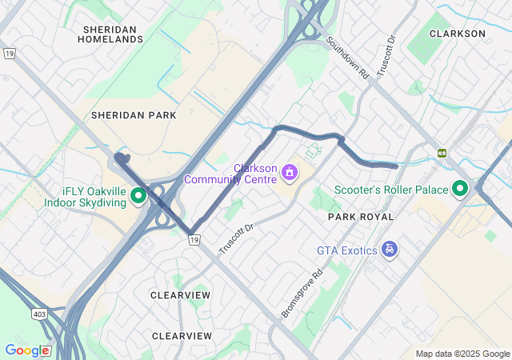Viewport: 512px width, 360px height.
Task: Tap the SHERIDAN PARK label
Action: point(134,115)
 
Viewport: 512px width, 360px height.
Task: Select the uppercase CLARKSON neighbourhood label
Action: point(458,34)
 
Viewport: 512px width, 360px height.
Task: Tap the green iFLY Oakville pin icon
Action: point(138,195)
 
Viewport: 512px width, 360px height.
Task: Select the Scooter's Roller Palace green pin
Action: point(460,189)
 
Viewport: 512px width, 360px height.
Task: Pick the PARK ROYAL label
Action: point(361,217)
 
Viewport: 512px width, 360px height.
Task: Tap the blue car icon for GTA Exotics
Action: point(390,250)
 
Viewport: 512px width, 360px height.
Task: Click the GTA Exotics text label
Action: point(346,250)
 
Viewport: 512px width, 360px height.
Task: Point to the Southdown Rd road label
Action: point(347,58)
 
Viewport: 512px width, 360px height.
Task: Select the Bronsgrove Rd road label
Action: point(302,294)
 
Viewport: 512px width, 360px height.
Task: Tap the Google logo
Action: point(27,350)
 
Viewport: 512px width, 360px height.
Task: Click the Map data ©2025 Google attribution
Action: point(462,354)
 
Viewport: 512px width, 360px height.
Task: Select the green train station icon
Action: point(441,153)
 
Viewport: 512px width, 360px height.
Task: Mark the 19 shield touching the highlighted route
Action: point(194,238)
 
